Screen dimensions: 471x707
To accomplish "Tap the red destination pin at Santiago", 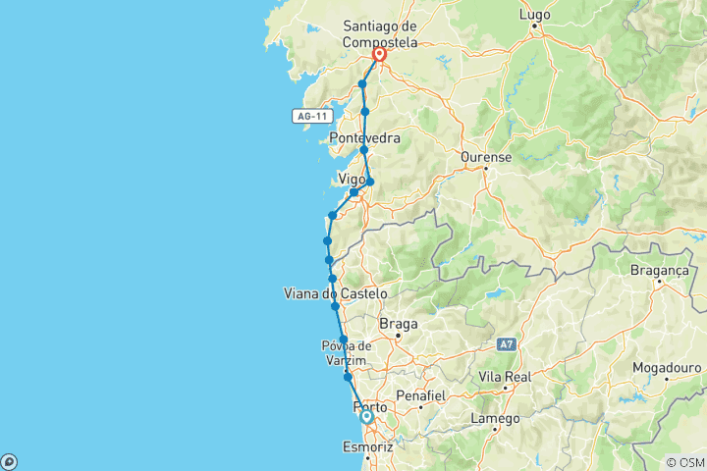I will coord(379,56).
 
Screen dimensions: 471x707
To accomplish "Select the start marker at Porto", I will coord(366,417).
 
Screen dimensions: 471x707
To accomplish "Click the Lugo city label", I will coord(536,15).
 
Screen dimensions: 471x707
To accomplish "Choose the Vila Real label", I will coord(506,377).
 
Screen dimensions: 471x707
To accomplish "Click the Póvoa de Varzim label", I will coord(346,352).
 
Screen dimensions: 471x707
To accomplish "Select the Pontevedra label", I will coord(365,138).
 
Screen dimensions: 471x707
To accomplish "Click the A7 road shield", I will coord(506,344).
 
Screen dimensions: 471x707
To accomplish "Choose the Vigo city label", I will coord(351,179).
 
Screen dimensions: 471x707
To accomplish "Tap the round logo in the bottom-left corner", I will coord(9,461).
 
